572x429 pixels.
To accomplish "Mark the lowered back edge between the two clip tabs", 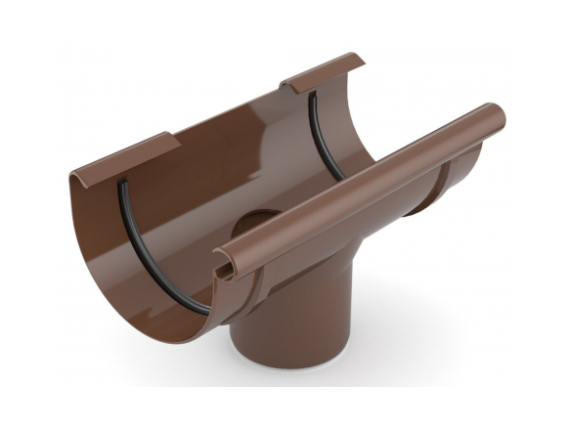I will coord(230,117).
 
